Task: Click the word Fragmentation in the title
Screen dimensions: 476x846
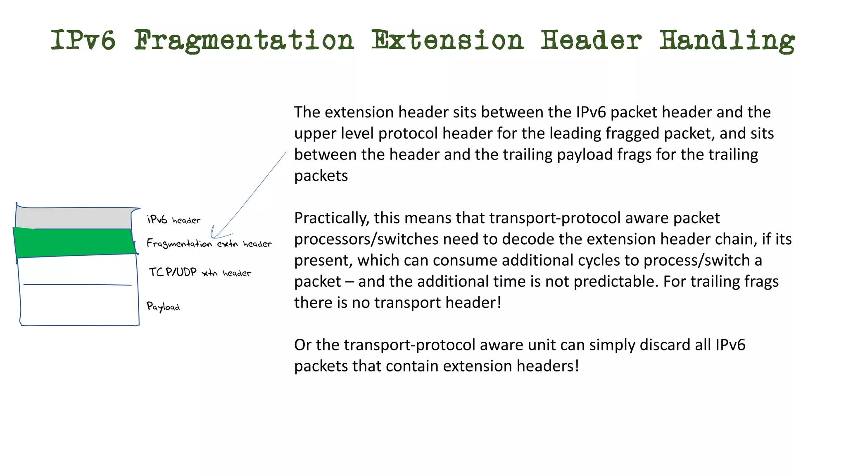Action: [244, 40]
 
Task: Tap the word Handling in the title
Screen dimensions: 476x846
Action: [727, 40]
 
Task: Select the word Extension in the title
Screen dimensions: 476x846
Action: [447, 40]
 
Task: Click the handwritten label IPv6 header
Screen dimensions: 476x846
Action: [174, 220]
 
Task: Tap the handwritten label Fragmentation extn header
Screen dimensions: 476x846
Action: [209, 243]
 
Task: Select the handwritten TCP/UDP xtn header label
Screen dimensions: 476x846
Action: [200, 272]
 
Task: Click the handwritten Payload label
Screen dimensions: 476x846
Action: [163, 307]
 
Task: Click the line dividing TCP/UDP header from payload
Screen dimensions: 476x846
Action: [78, 285]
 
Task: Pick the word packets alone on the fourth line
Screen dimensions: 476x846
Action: [321, 176]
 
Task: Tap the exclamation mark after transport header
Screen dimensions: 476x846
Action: [499, 302]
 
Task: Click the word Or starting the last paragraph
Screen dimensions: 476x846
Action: [303, 345]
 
